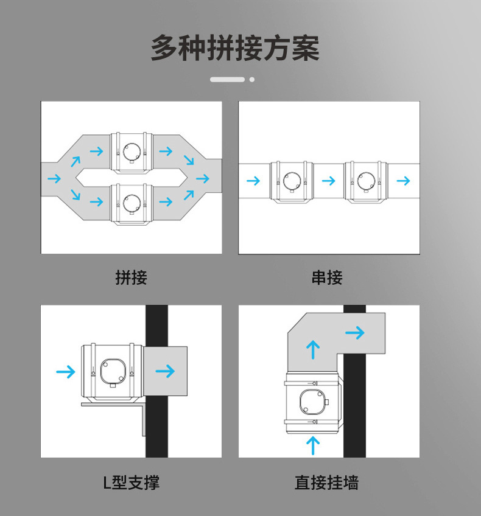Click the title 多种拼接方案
[235, 49]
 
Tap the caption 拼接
[131, 278]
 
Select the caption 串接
[327, 278]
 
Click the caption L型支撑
[131, 483]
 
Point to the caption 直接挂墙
[327, 483]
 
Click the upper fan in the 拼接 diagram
[131, 152]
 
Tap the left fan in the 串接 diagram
[291, 181]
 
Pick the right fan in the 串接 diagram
[365, 181]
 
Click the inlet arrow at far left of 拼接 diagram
[54, 179]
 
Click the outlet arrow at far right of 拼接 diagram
[203, 179]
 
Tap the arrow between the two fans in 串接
[328, 181]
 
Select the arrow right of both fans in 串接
[402, 181]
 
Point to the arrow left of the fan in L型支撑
[65, 371]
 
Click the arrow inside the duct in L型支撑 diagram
[165, 371]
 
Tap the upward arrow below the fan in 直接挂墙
[312, 445]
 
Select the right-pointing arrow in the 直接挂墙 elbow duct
[354, 332]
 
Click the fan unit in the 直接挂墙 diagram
[312, 402]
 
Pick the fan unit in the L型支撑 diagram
[111, 372]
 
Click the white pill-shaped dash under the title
[227, 79]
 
